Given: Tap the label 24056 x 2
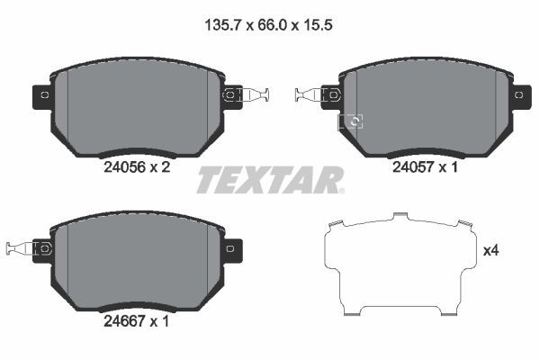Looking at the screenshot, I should pyautogui.click(x=137, y=166).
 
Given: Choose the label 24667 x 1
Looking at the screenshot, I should pyautogui.click(x=137, y=318).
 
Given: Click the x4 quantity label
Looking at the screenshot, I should pyautogui.click(x=490, y=251).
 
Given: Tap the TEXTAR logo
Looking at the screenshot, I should pyautogui.click(x=270, y=180).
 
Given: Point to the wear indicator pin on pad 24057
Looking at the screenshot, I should pyautogui.click(x=309, y=94).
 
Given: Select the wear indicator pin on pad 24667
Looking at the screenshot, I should pyautogui.click(x=20, y=247).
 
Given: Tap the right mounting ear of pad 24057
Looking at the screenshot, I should pyautogui.click(x=519, y=94).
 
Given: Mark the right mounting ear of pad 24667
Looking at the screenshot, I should pyautogui.click(x=231, y=247).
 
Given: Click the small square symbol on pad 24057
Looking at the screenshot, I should pyautogui.click(x=353, y=121).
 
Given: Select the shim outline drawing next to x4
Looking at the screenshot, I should pyautogui.click(x=399, y=265).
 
